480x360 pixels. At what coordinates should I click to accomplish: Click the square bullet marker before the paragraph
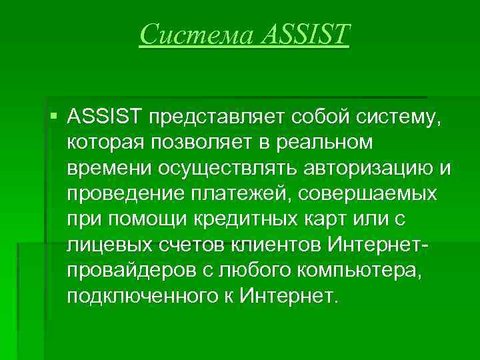tap(53, 119)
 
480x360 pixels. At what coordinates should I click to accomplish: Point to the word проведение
tap(121, 195)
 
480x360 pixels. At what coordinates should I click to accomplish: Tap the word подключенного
tap(139, 296)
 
